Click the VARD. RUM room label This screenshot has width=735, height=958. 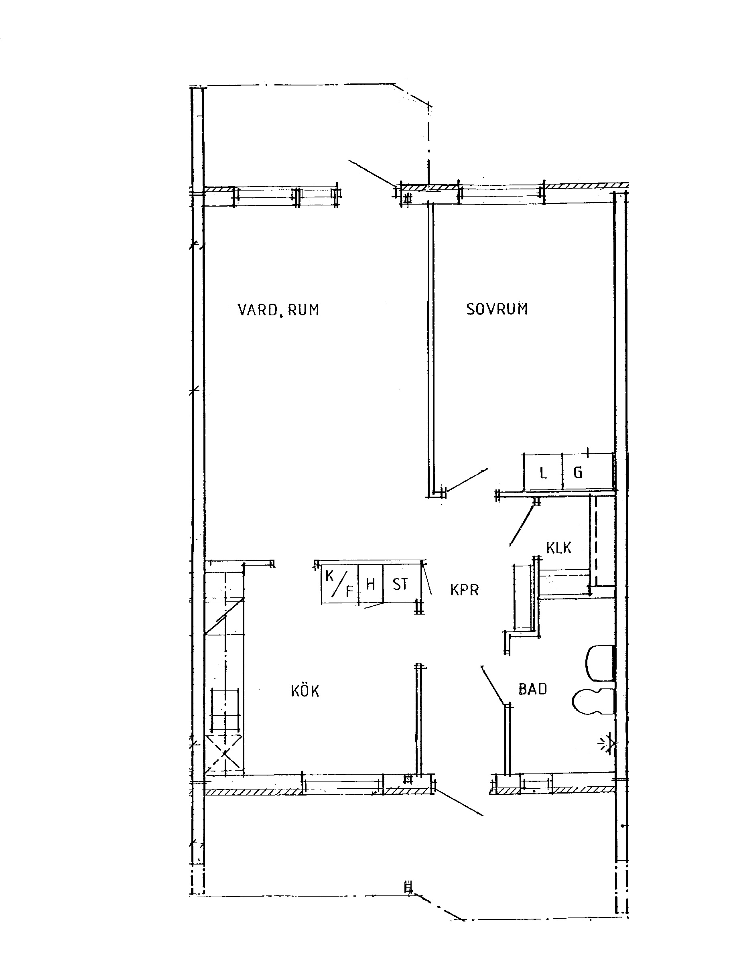278,310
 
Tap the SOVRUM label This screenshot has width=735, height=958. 497,309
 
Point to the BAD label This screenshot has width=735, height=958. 532,689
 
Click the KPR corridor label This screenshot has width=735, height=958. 464,590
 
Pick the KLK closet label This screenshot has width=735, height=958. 559,548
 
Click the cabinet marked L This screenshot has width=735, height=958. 543,471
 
